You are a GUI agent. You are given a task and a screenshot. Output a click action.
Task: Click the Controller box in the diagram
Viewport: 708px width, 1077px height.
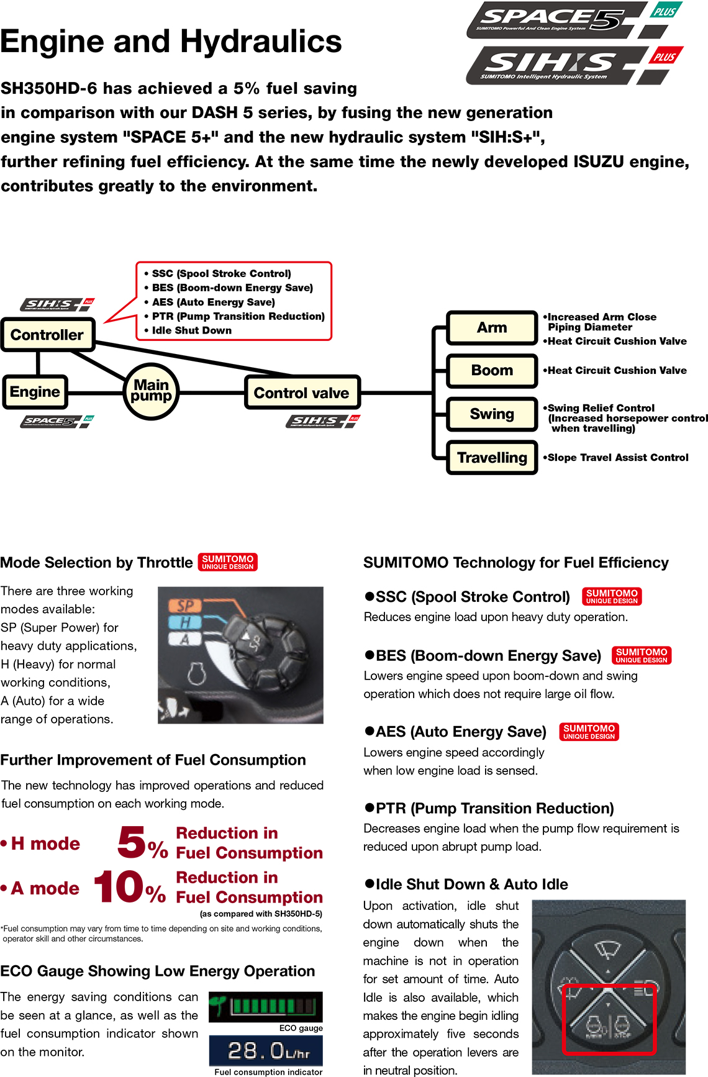tap(47, 335)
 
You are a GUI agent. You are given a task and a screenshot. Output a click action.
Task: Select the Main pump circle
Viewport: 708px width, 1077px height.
tap(151, 391)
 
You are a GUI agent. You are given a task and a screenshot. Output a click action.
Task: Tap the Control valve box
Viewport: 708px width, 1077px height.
tap(302, 393)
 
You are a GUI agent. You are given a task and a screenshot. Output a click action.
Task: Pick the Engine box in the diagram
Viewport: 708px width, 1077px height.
tap(35, 392)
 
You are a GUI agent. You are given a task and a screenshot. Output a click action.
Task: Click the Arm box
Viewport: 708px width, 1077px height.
tap(492, 327)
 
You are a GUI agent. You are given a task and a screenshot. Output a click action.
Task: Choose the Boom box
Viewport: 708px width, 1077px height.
tap(492, 371)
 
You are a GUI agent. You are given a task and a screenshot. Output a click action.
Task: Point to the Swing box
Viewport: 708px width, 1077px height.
tap(492, 414)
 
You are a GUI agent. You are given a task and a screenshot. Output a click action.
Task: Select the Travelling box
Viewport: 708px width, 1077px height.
tap(492, 458)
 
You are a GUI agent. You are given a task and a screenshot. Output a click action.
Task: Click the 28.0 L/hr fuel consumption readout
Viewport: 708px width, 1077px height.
tap(266, 1051)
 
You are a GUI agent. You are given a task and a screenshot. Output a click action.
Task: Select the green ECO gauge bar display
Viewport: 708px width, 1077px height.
tap(266, 1007)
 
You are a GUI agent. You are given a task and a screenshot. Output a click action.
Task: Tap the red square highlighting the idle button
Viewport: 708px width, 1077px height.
tap(609, 1019)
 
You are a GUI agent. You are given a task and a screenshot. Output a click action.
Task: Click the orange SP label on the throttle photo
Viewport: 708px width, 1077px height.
tap(185, 606)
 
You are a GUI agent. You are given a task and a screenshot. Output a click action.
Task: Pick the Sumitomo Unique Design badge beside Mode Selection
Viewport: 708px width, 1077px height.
tap(227, 562)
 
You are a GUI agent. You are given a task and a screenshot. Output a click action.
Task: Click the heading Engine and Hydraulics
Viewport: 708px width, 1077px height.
tap(171, 41)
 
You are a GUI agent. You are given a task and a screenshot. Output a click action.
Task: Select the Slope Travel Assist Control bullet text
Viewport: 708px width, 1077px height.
tap(617, 458)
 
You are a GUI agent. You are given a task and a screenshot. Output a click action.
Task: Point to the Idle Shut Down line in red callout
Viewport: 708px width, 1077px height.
tap(191, 330)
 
